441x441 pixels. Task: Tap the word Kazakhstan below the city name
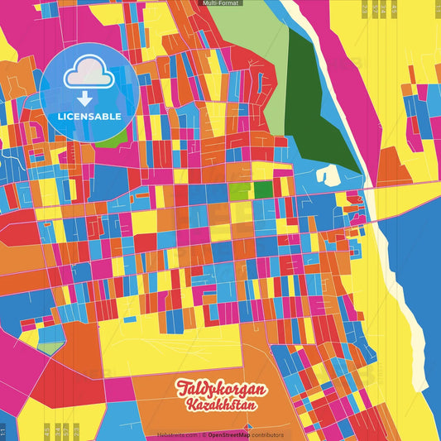click(x=220, y=405)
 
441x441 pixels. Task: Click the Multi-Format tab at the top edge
click(x=221, y=3)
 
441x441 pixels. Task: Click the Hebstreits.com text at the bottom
click(x=177, y=434)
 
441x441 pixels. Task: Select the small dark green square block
click(x=262, y=189)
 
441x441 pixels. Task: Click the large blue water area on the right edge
click(x=414, y=265)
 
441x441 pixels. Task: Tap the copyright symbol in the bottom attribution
click(x=204, y=434)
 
